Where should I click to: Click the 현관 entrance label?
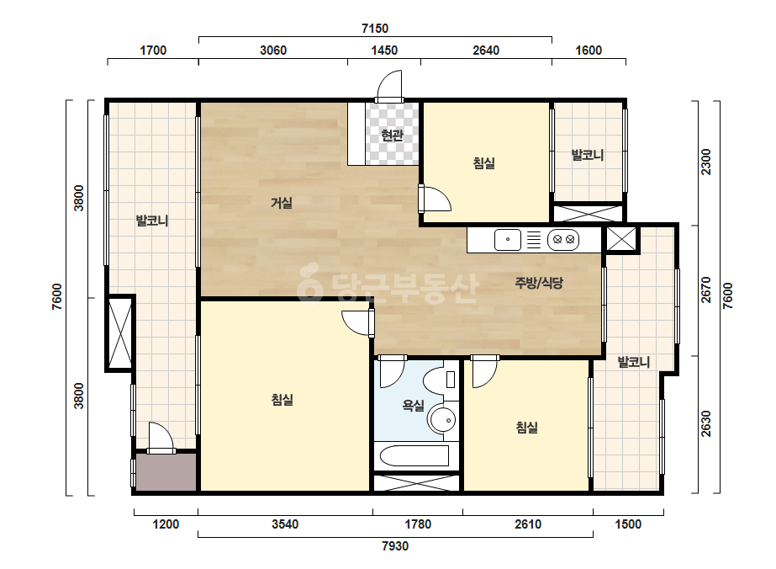click(393, 135)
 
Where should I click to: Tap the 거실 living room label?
click(282, 203)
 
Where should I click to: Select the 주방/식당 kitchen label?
click(539, 283)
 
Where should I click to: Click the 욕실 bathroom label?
click(414, 406)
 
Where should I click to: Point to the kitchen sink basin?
click(508, 240)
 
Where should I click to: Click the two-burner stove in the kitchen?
click(563, 240)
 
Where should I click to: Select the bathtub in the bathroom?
click(414, 456)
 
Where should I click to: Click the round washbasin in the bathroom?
click(442, 420)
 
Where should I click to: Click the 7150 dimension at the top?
click(375, 29)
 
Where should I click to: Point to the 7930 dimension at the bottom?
click(395, 546)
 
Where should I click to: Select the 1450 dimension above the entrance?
click(384, 51)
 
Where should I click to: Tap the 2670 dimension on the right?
click(706, 290)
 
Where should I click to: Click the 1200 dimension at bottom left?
click(166, 524)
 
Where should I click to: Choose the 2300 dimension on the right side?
click(706, 162)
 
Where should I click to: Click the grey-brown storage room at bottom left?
click(166, 472)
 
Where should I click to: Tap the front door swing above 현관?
click(389, 85)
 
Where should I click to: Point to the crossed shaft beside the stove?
click(621, 239)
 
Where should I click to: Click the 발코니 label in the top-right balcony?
click(588, 155)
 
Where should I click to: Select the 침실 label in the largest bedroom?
click(282, 400)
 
